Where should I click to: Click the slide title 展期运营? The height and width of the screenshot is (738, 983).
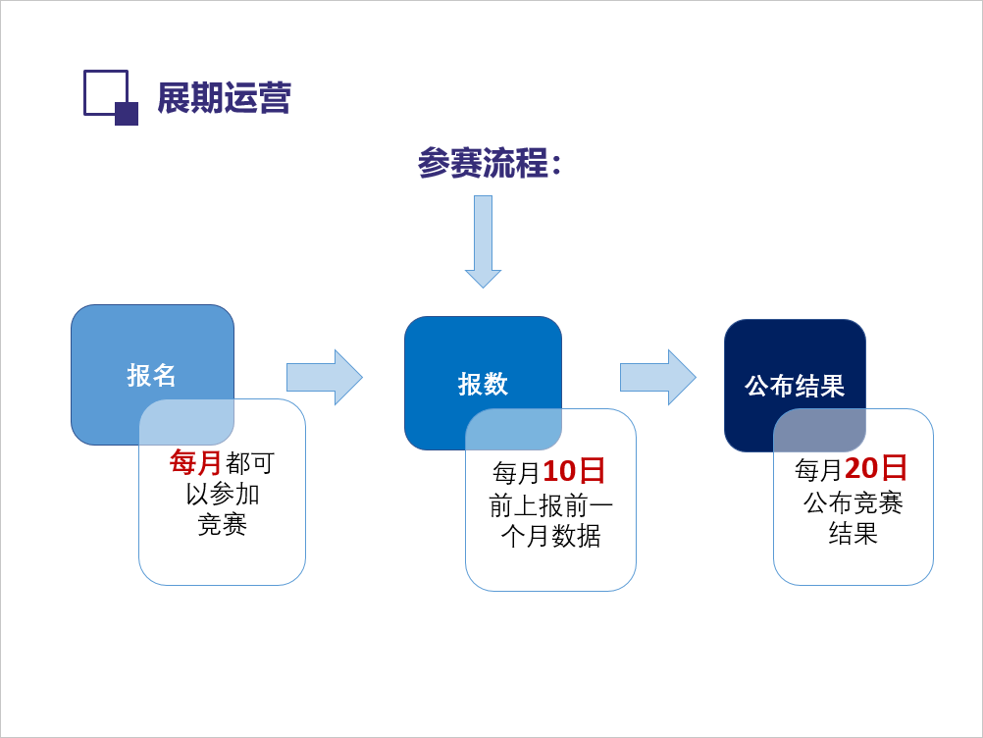pyautogui.click(x=224, y=98)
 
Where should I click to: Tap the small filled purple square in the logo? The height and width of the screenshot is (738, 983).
pyautogui.click(x=127, y=114)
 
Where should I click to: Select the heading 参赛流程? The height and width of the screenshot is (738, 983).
pyautogui.click(x=489, y=163)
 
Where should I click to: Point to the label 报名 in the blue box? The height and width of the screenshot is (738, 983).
pyautogui.click(x=152, y=375)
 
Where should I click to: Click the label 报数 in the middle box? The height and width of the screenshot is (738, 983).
pyautogui.click(x=483, y=384)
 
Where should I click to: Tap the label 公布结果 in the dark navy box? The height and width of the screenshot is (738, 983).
pyautogui.click(x=795, y=386)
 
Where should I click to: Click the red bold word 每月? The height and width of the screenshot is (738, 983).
pyautogui.click(x=196, y=462)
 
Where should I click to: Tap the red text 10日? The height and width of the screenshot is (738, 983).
pyautogui.click(x=574, y=472)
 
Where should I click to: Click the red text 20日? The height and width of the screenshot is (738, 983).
pyautogui.click(x=876, y=469)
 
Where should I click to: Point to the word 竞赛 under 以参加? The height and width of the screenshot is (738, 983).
pyautogui.click(x=222, y=525)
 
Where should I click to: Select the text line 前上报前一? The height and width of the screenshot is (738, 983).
pyautogui.click(x=550, y=505)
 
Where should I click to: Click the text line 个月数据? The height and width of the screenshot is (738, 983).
pyautogui.click(x=550, y=537)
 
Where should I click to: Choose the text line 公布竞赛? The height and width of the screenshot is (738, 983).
pyautogui.click(x=853, y=503)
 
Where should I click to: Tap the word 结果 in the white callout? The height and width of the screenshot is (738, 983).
pyautogui.click(x=853, y=534)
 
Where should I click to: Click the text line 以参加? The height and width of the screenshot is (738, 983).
pyautogui.click(x=222, y=494)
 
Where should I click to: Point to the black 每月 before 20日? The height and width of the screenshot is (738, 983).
pyautogui.click(x=818, y=471)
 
